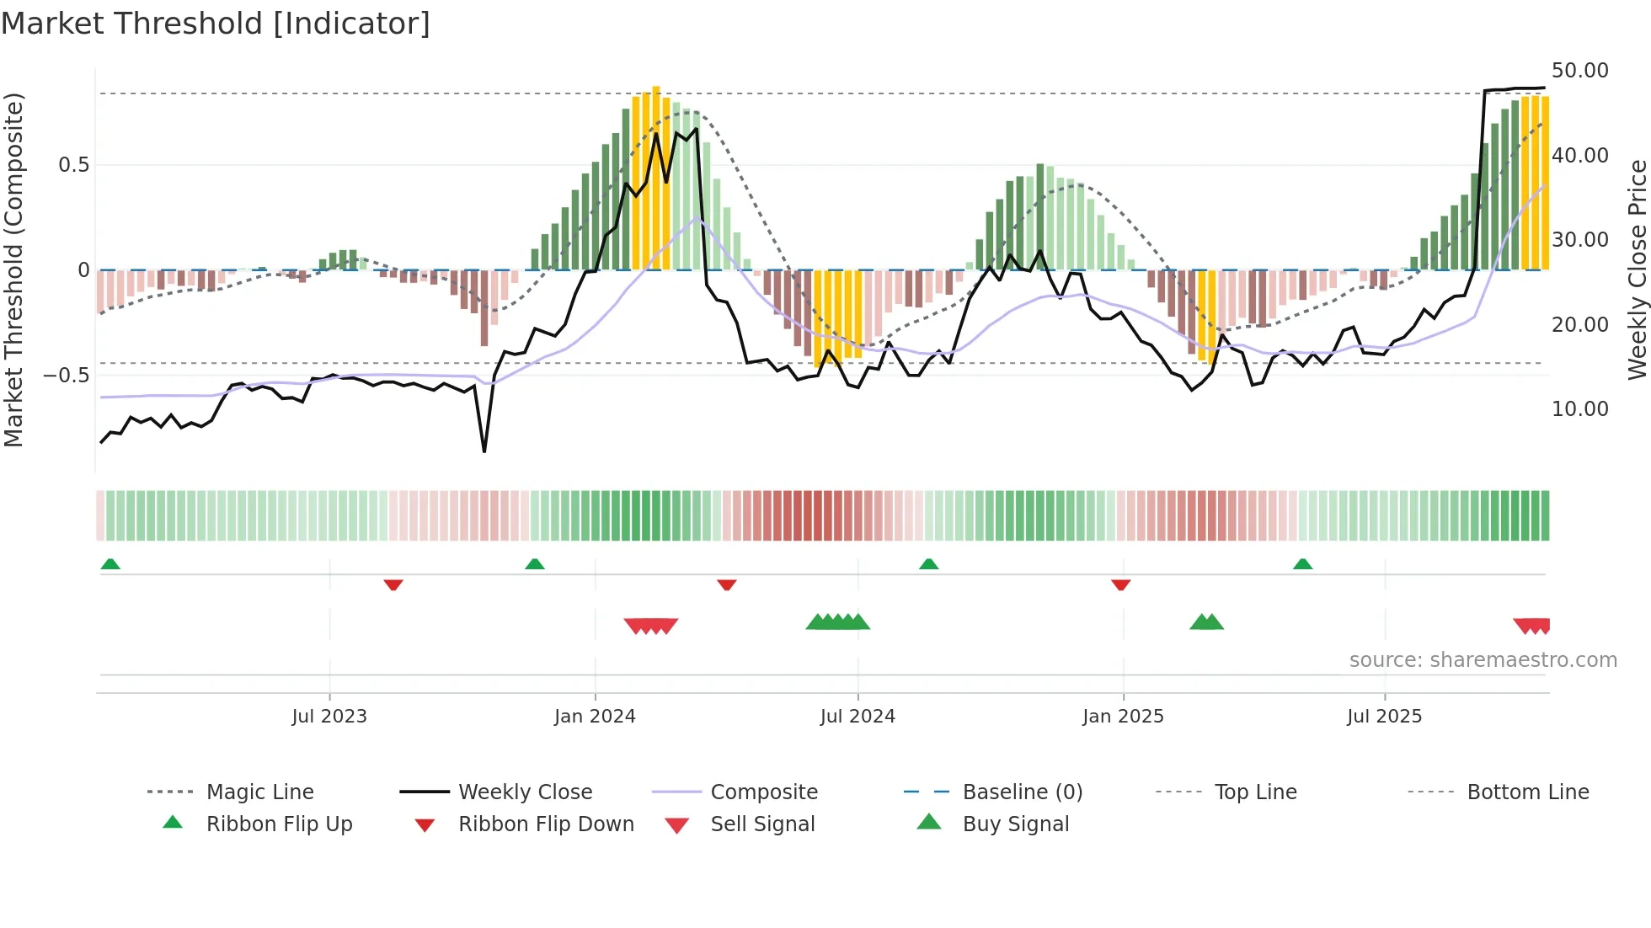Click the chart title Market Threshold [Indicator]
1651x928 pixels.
tap(216, 24)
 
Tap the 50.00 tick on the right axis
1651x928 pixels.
tap(1579, 71)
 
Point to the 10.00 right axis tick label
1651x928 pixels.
tap(1579, 409)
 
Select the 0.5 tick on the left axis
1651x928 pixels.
tap(74, 165)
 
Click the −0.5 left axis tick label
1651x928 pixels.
tap(67, 376)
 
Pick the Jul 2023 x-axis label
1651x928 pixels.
tap(329, 717)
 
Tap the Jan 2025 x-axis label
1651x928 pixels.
tap(1123, 717)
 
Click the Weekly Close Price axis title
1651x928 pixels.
tap(1637, 269)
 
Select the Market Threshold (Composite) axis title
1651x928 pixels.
tap(14, 269)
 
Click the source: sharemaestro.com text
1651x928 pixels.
tap(1483, 660)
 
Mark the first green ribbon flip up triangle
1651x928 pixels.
tap(110, 564)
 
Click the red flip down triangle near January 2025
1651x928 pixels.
tap(1120, 584)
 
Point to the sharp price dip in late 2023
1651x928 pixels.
tap(484, 451)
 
